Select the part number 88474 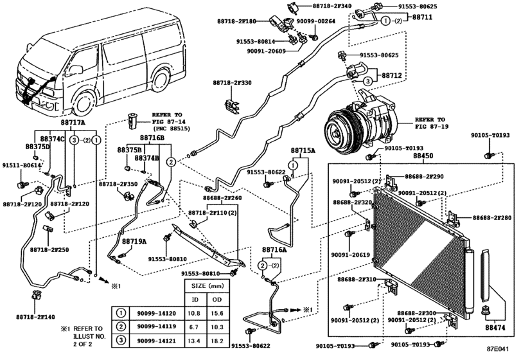(x=495, y=328)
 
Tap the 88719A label (x=135, y=241)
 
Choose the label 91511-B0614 (x=26, y=165)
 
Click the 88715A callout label (x=303, y=150)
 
